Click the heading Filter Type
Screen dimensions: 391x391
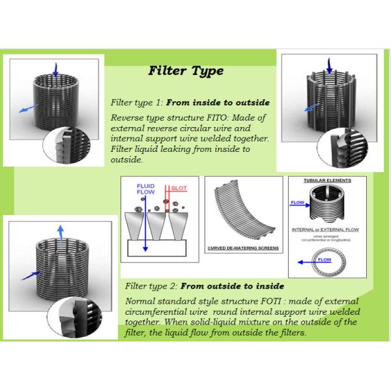186,70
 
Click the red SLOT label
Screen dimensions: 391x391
179,187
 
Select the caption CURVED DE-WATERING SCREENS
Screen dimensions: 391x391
242,248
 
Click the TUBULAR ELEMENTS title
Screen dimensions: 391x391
327,181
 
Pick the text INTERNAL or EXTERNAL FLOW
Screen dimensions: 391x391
328,230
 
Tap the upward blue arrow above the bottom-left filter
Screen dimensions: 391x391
60,233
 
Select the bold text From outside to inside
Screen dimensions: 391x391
232,285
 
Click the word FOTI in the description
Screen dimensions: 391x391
265,300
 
